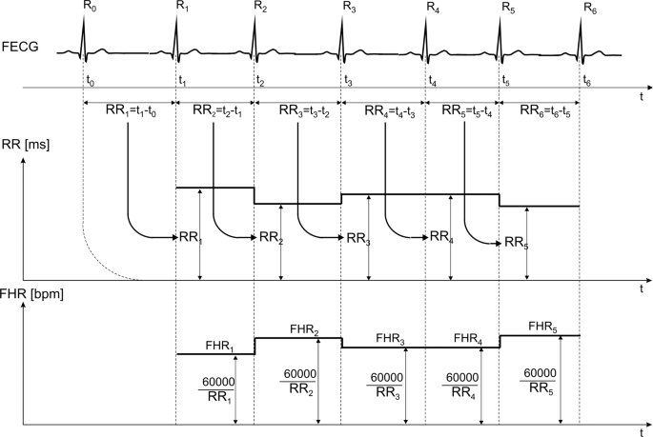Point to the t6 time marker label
pyautogui.click(x=587, y=81)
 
